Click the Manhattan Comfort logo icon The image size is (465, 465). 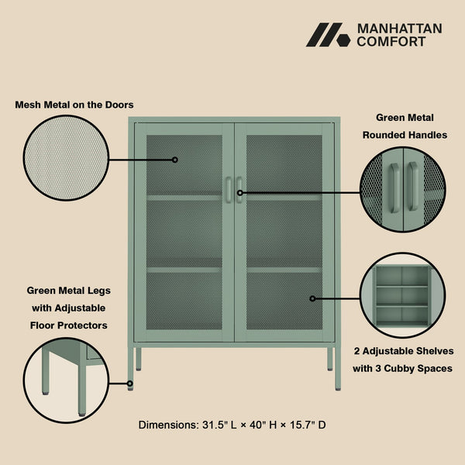click(328, 35)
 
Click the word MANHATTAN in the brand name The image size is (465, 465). click(399, 29)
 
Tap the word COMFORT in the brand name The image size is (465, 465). click(391, 42)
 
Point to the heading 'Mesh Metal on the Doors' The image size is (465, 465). click(74, 104)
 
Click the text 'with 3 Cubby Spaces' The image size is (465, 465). click(403, 369)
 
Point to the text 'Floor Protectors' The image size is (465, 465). click(69, 325)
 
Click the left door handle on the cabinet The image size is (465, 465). click(229, 191)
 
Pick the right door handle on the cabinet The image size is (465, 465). click(239, 191)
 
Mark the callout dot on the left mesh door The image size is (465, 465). click(175, 160)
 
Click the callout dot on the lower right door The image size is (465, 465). click(313, 298)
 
